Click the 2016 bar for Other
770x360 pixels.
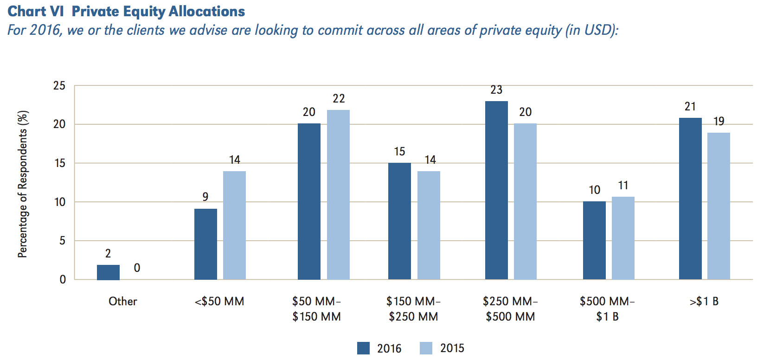click(x=108, y=272)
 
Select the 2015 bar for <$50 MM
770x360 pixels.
click(x=234, y=225)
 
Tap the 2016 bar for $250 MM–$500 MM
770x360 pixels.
click(x=496, y=190)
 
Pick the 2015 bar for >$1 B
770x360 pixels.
click(x=719, y=206)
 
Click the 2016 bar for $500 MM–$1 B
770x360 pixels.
click(x=594, y=240)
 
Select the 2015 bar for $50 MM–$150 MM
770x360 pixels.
click(x=338, y=195)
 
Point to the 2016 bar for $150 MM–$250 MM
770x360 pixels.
click(x=399, y=221)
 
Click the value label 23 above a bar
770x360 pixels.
click(x=496, y=90)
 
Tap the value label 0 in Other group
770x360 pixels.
click(x=137, y=268)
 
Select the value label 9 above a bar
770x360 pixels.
click(x=205, y=197)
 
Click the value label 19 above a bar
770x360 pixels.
click(x=719, y=121)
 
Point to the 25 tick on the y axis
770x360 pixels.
click(x=59, y=85)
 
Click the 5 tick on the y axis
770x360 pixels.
click(x=62, y=241)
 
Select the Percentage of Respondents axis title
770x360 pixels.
click(x=23, y=184)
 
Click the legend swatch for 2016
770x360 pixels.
click(x=363, y=348)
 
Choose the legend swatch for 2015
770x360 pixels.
click(x=426, y=348)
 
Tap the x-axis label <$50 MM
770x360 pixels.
click(x=219, y=302)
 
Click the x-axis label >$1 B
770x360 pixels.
click(x=704, y=302)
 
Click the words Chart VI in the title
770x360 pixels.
click(x=35, y=11)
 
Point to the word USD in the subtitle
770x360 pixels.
click(x=598, y=30)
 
